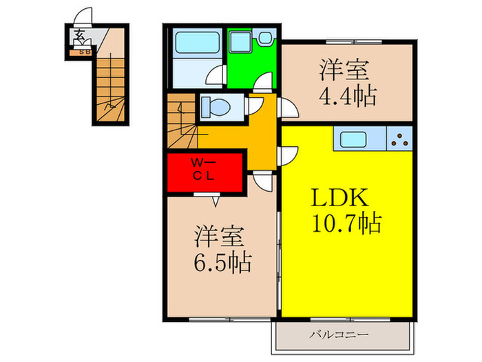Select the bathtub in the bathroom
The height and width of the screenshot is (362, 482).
coord(196,46)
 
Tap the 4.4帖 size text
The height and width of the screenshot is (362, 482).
coord(347,95)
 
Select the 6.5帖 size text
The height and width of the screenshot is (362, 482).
coord(222,261)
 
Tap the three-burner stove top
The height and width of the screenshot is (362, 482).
coord(399,141)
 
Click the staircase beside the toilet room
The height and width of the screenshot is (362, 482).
coord(181,122)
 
